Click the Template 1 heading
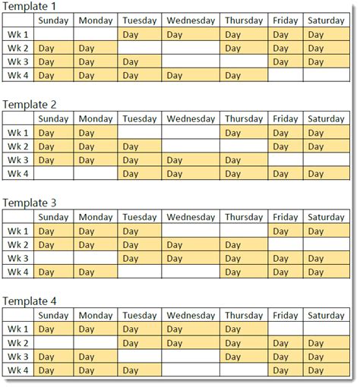pyautogui.click(x=30, y=7)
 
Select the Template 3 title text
pyautogui.click(x=30, y=203)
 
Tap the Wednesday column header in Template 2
pyautogui.click(x=191, y=118)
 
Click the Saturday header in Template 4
pyautogui.click(x=326, y=315)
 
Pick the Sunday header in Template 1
pyautogui.click(x=53, y=20)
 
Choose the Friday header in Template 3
pyautogui.click(x=286, y=217)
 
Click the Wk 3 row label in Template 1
pyautogui.click(x=18, y=61)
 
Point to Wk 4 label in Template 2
pyautogui.click(x=18, y=174)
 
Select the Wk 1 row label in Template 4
pyautogui.click(x=18, y=329)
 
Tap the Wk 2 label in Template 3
pyautogui.click(x=18, y=245)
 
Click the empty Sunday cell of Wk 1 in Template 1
pyautogui.click(x=53, y=34)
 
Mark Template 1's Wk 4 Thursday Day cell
pyautogui.click(x=245, y=75)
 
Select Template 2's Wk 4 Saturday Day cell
pyautogui.click(x=326, y=174)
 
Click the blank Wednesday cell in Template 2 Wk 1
pyautogui.click(x=191, y=132)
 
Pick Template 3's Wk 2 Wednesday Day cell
pyautogui.click(x=191, y=245)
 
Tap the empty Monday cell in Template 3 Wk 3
pyautogui.click(x=96, y=259)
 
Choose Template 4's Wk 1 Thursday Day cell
pyautogui.click(x=245, y=329)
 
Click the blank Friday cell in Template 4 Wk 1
pyautogui.click(x=286, y=329)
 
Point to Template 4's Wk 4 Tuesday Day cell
pyautogui.click(x=139, y=370)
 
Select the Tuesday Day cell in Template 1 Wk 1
pyautogui.click(x=139, y=34)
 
